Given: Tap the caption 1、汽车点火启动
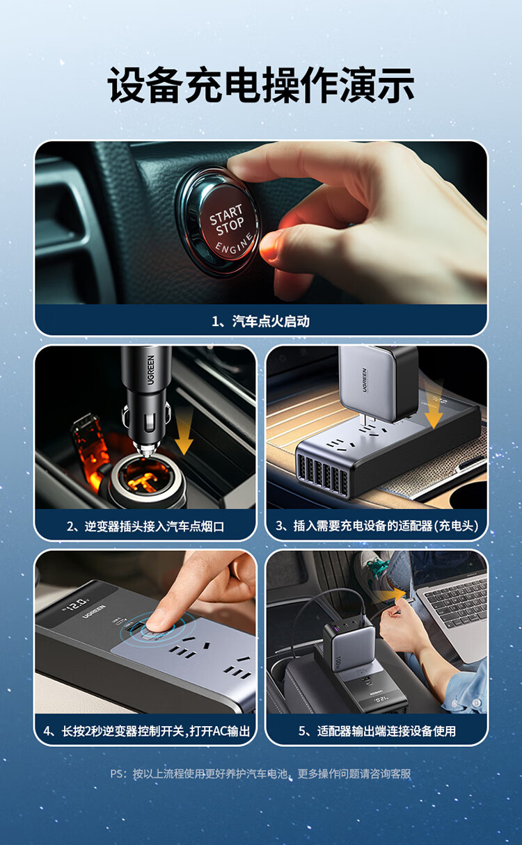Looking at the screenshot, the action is click(x=260, y=321).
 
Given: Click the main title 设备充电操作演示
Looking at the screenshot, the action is click(x=261, y=85).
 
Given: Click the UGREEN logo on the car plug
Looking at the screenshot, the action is click(x=151, y=370).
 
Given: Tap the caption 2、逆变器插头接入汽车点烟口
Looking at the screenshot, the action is click(x=145, y=526).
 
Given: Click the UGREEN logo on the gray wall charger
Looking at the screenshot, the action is click(x=365, y=380).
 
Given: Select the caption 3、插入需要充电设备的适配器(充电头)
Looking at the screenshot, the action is click(x=377, y=526).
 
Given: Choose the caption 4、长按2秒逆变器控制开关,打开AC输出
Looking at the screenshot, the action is click(x=146, y=731).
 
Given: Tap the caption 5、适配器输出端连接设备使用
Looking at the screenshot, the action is click(x=377, y=731).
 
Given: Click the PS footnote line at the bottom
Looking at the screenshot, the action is click(x=260, y=774).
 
